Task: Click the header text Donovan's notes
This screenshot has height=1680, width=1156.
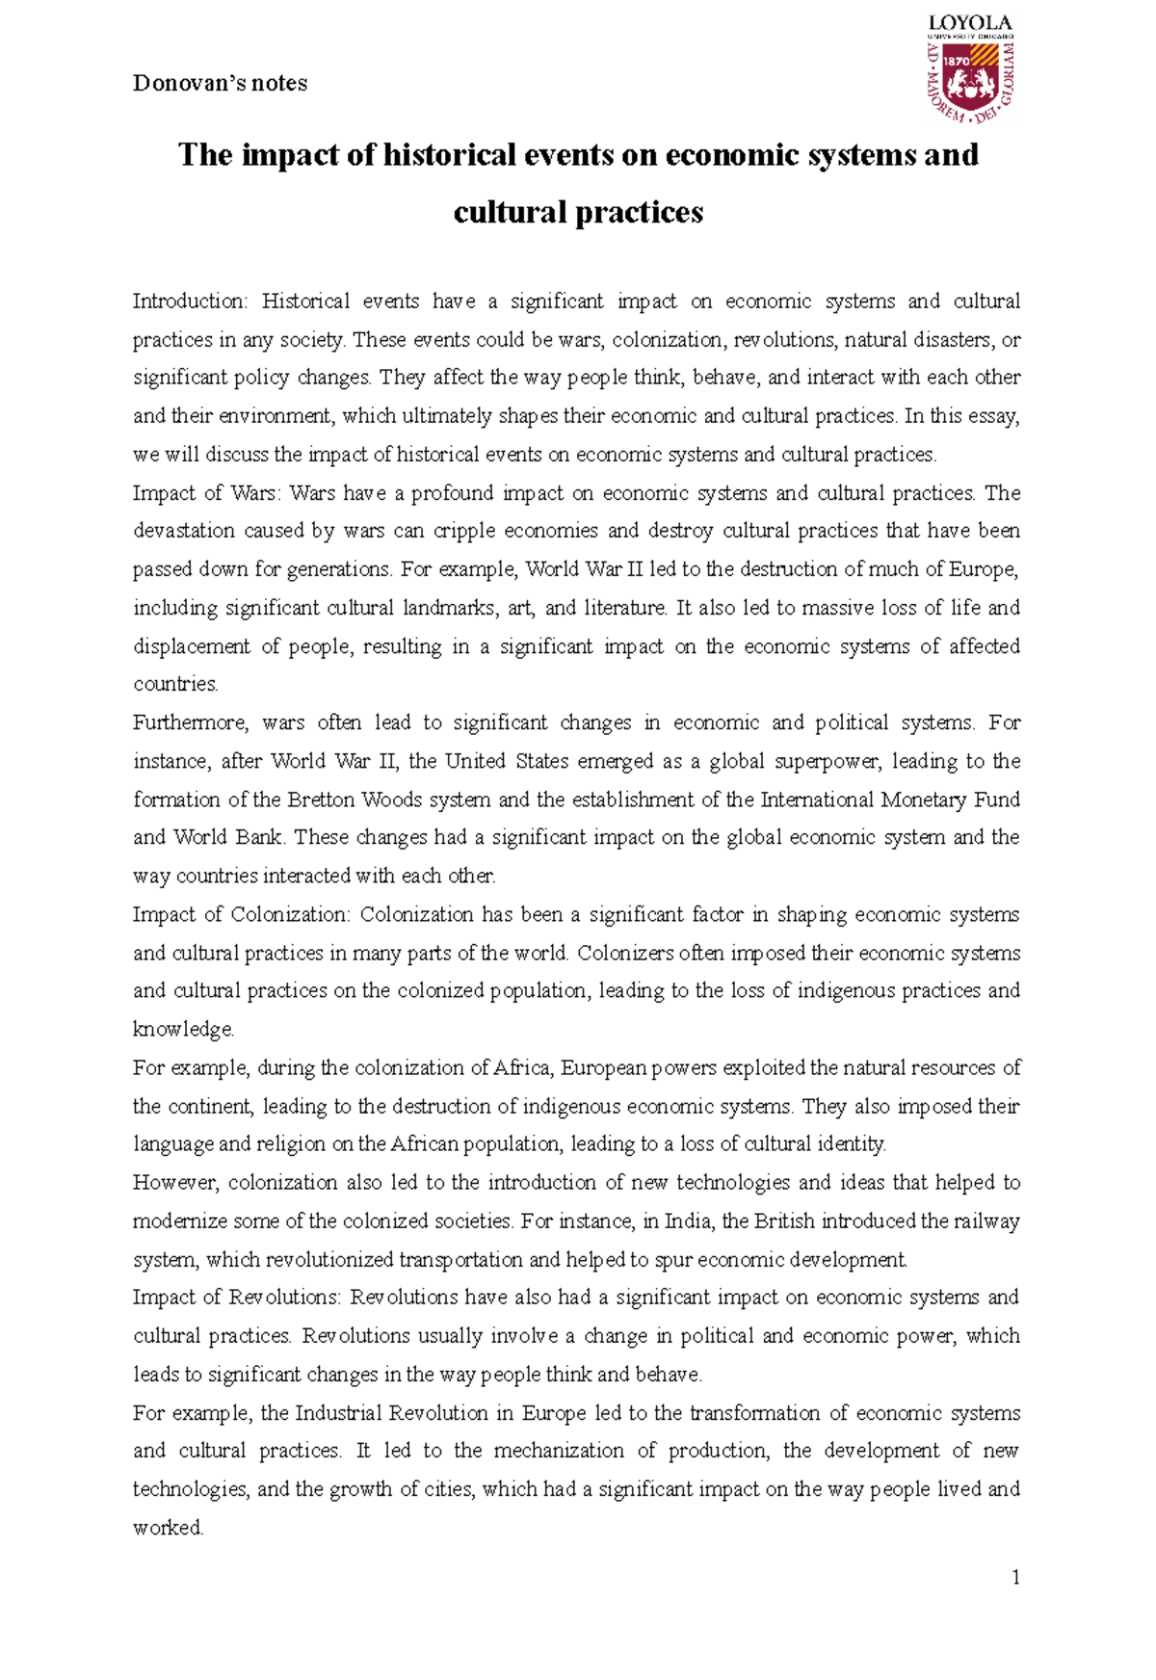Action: (220, 84)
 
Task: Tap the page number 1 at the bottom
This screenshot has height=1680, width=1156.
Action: (1015, 1577)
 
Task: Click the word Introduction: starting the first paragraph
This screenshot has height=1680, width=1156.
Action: (190, 302)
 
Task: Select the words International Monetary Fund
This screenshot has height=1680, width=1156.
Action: (890, 800)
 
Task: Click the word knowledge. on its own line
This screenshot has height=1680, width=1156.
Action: (183, 1030)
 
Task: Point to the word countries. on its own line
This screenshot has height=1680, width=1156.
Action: (175, 684)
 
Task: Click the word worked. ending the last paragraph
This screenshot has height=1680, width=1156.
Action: (168, 1528)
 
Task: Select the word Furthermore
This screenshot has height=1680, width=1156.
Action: (191, 722)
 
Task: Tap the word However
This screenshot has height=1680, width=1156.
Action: (176, 1183)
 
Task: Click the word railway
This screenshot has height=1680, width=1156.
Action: (986, 1221)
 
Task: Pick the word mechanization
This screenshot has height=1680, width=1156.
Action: (557, 1451)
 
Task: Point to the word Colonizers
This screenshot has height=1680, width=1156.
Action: (625, 953)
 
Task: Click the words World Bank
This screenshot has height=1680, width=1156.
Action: (227, 837)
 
